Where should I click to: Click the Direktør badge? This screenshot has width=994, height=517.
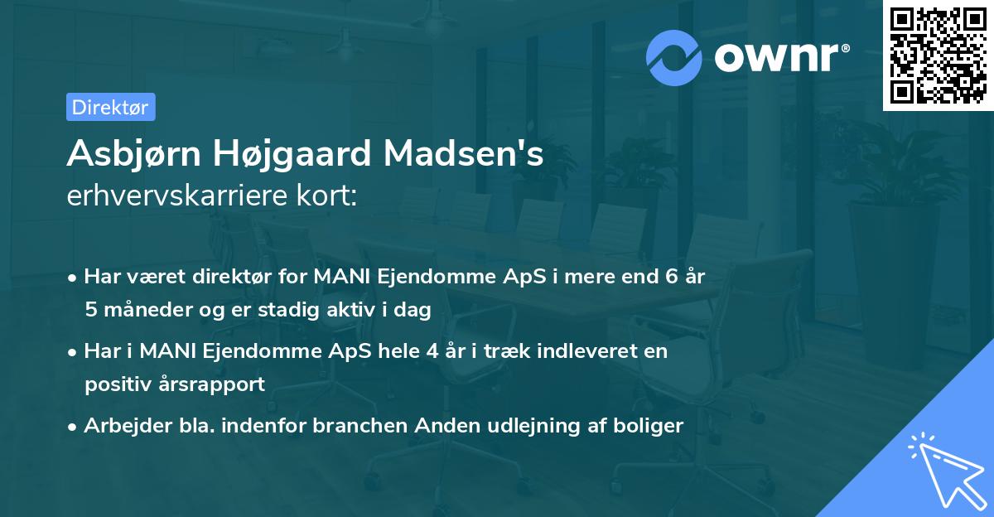tap(110, 107)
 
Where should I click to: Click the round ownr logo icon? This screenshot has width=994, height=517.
tap(674, 58)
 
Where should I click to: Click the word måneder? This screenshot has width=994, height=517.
tap(142, 309)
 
